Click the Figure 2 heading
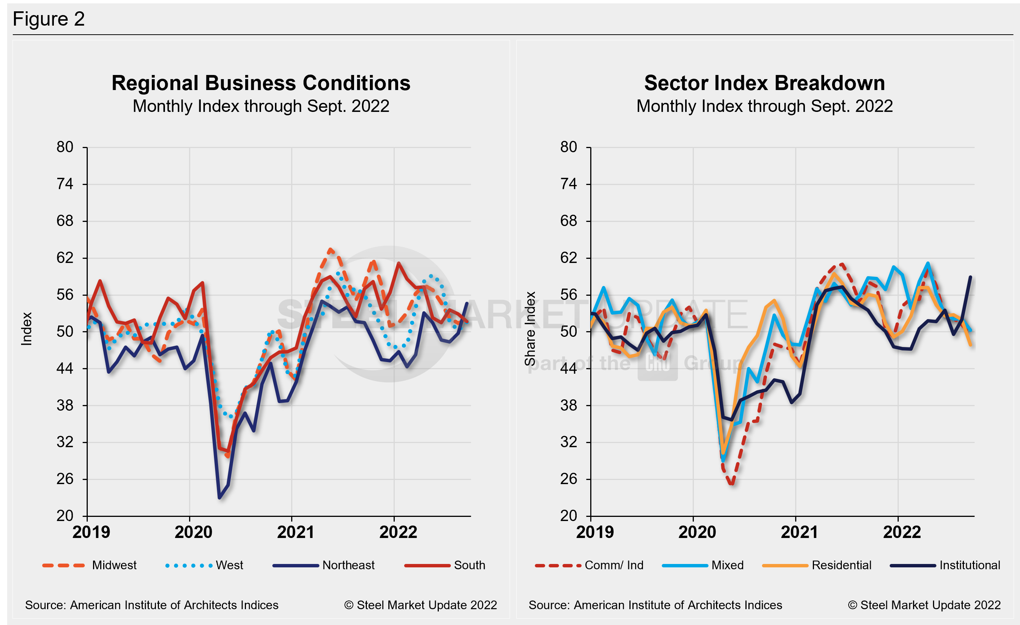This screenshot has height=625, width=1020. pos(49,19)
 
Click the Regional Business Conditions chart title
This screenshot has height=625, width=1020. pos(261,83)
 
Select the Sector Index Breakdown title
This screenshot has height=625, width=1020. pos(764,83)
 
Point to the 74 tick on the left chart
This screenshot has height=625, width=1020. pos(65,184)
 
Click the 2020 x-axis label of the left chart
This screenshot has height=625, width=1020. pos(193,532)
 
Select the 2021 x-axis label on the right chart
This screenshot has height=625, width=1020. pos(799,532)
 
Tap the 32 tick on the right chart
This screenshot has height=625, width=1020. pos(568,442)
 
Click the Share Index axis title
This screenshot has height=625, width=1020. pos(530,329)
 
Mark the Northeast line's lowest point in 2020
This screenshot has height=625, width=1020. pos(219,498)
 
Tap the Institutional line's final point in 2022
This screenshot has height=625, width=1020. pos(970,277)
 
